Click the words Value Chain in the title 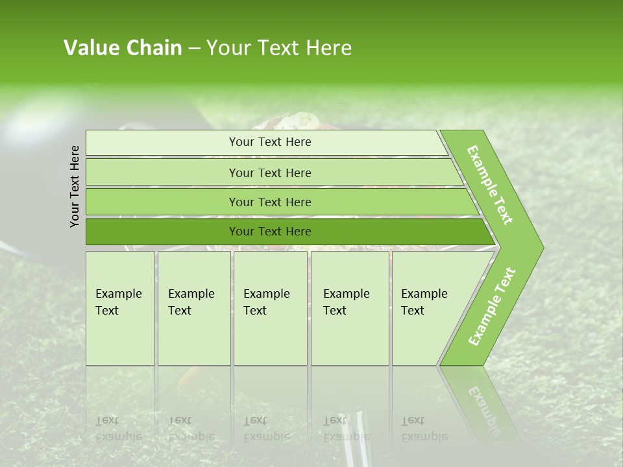click(x=123, y=48)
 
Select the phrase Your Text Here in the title click(x=279, y=48)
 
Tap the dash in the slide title click(x=194, y=49)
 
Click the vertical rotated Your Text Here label click(x=75, y=186)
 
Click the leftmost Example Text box click(x=120, y=308)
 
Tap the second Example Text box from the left click(x=194, y=308)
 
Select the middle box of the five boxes click(x=270, y=308)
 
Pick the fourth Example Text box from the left click(x=350, y=308)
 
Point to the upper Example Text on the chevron click(x=491, y=185)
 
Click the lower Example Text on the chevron click(x=491, y=307)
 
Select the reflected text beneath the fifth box click(x=424, y=428)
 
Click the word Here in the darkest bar click(x=299, y=232)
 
